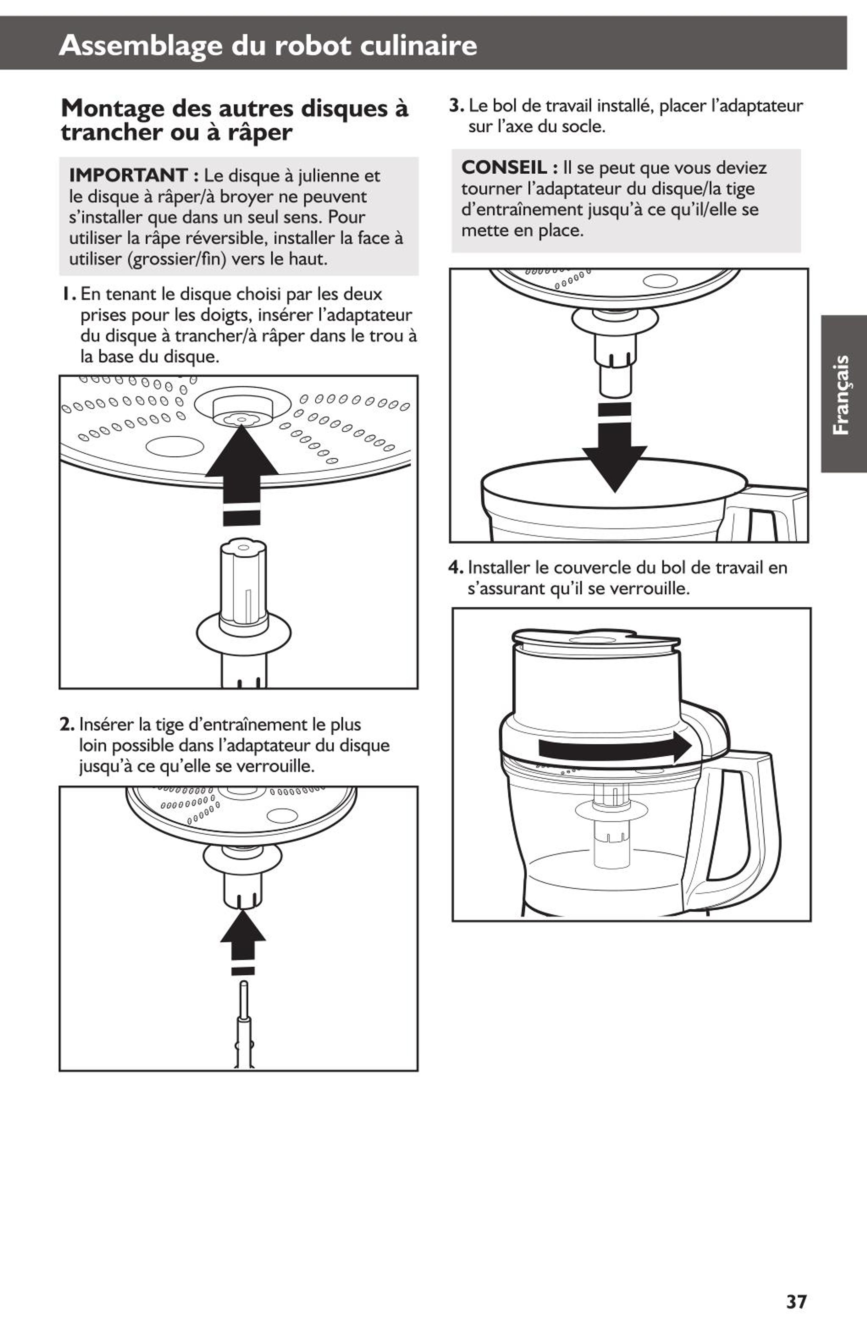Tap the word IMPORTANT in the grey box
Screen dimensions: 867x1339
129,175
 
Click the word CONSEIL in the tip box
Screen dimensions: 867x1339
504,167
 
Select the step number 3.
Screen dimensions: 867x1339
456,105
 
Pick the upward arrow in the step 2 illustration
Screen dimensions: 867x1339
243,942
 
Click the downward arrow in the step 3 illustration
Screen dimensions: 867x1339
614,447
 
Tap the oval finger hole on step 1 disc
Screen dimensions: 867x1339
175,446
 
